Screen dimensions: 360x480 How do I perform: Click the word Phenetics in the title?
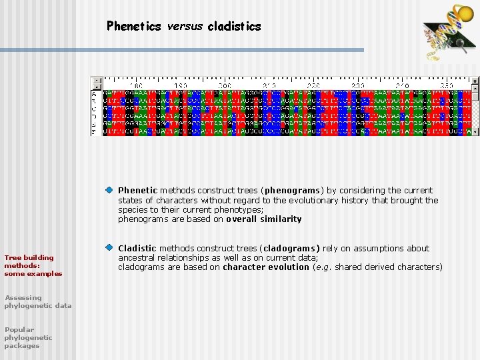tap(134, 27)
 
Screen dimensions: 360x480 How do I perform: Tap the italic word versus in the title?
tap(185, 27)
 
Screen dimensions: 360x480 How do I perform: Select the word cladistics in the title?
tap(234, 27)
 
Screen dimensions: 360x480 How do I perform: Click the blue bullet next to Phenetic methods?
tap(109, 191)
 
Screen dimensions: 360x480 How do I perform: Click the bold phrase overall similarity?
tap(263, 219)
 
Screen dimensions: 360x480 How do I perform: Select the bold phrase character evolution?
tap(265, 267)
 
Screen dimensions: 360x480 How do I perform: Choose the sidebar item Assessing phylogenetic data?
tap(37, 301)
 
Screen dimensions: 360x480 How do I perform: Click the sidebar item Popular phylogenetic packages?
tap(28, 337)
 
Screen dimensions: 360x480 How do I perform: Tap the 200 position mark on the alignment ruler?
tap(224, 86)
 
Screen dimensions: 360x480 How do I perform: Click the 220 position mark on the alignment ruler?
tap(313, 86)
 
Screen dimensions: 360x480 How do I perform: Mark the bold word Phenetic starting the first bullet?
tap(137, 191)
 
